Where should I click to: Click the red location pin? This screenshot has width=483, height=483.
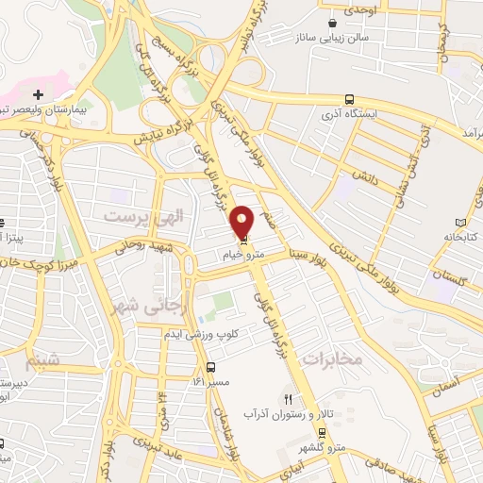coord(243,222)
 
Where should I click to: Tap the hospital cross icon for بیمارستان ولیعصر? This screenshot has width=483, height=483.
coord(38,94)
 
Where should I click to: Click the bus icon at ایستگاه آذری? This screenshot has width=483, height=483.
coord(350,99)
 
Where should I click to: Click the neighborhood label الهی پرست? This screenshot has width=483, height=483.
coord(133,217)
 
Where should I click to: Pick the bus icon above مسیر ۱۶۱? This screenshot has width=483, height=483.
coord(210,367)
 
